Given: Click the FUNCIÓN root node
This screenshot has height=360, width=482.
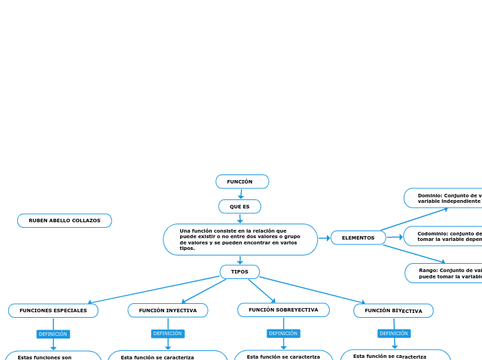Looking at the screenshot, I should coord(242,181).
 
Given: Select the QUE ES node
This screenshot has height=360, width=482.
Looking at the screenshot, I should coord(240,206).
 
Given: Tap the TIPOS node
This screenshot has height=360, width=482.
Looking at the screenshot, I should coord(240,271).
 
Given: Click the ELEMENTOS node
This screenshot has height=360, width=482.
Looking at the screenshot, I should coord(358,237).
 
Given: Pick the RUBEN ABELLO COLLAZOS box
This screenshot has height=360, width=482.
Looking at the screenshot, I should coord(64,220).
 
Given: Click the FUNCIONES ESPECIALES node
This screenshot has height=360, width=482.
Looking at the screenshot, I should coord(53,310).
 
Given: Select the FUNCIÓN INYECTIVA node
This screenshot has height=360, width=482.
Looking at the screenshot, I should coord(168,310).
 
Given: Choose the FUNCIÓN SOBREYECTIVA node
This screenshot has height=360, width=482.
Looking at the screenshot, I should coord(283,309).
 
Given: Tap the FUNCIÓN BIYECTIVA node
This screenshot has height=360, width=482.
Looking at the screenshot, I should coord(393,311).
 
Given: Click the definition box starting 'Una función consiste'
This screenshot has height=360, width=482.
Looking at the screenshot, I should coord(240,240).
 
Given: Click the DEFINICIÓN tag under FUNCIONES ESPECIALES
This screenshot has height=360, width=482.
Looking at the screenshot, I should coord(53,334).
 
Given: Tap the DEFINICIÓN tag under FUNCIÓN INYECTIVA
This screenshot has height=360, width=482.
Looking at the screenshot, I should coord(168,333).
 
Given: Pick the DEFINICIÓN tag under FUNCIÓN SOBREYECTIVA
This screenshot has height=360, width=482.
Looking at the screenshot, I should coord(283,333).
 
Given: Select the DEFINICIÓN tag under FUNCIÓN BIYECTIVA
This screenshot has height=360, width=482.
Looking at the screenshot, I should coord(394,333).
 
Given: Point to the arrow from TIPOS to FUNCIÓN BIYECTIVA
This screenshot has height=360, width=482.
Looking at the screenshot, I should coord(312,290).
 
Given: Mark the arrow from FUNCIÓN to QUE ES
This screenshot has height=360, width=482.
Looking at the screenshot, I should coord(241,194).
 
